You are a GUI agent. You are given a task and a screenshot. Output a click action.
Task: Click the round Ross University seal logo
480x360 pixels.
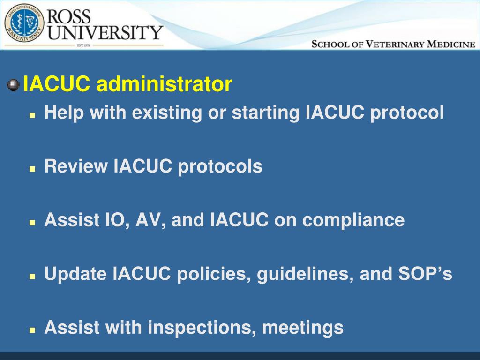[23, 23]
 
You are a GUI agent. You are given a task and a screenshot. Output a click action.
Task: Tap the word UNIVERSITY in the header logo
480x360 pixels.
[106, 33]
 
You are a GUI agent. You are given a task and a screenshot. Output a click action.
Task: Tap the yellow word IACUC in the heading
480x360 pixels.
[57, 85]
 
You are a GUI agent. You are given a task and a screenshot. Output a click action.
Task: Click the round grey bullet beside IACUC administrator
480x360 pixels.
[13, 85]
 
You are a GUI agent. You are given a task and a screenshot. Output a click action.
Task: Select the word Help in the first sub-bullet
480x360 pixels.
[63, 112]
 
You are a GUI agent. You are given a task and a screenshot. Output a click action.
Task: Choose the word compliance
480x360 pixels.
[353, 220]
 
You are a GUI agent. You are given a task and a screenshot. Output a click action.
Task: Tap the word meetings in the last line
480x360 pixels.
[303, 328]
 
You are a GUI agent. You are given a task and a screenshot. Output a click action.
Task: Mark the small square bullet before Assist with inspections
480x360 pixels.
[32, 330]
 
